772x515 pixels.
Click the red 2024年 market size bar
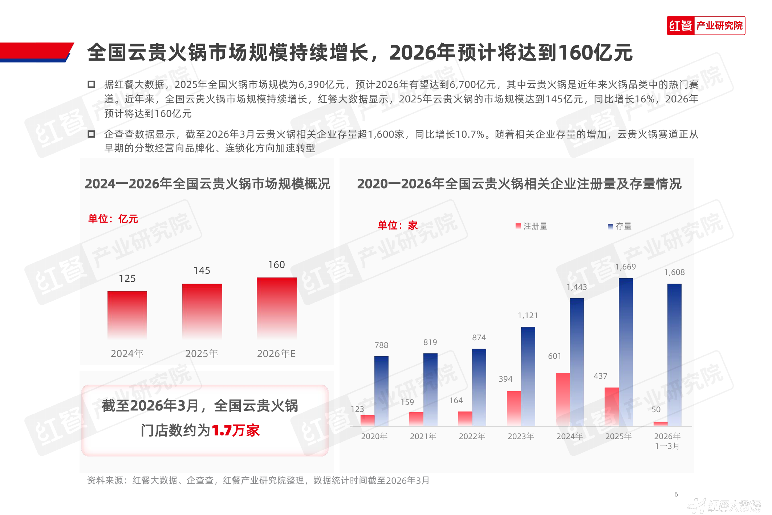click(x=127, y=315)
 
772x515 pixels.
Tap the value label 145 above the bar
click(x=202, y=271)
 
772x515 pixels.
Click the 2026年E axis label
click(x=276, y=353)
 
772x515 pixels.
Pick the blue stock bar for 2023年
click(x=528, y=376)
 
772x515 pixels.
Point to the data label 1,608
click(x=674, y=272)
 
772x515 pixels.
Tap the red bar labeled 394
click(x=514, y=408)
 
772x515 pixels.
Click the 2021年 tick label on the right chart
click(x=423, y=436)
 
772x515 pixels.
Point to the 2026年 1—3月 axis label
click(x=667, y=441)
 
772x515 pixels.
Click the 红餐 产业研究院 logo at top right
click(x=706, y=26)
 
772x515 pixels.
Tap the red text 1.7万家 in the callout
click(x=236, y=430)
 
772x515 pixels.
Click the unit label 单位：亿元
click(x=113, y=219)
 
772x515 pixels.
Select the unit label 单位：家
click(x=398, y=226)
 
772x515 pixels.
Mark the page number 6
click(x=676, y=494)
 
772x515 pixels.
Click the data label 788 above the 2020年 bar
click(x=381, y=345)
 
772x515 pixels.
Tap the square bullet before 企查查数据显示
click(x=92, y=134)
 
